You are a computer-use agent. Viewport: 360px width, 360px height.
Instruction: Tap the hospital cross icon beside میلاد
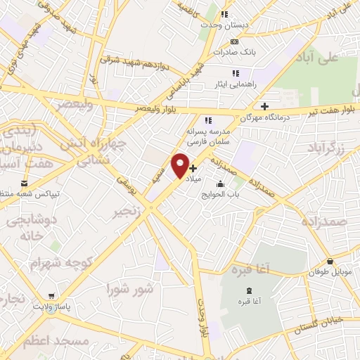point(193,168)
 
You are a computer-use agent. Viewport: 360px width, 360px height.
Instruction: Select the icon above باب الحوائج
point(221,184)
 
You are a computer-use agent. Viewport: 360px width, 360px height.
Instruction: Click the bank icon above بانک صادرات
point(236,41)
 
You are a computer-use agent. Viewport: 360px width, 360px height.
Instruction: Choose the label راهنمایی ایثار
point(236,83)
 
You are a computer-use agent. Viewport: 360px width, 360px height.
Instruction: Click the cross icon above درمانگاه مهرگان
point(264,106)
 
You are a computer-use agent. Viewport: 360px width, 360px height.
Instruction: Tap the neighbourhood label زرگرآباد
point(326,148)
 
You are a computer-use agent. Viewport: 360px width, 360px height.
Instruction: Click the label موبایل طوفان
point(328,271)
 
